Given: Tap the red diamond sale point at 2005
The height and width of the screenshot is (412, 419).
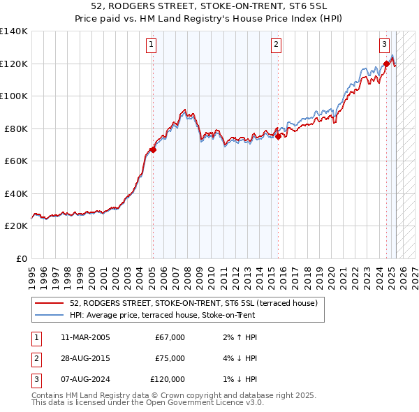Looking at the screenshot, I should click(x=153, y=149).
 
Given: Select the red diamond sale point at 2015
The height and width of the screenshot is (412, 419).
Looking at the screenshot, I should click(x=278, y=137).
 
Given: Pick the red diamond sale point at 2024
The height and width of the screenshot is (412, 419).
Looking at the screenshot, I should click(x=385, y=64).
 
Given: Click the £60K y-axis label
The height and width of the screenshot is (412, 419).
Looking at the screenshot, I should click(x=15, y=161).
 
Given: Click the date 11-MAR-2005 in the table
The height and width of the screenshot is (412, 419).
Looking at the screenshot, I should click(x=85, y=337).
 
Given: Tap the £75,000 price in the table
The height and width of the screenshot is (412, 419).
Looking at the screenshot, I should click(x=170, y=358).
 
